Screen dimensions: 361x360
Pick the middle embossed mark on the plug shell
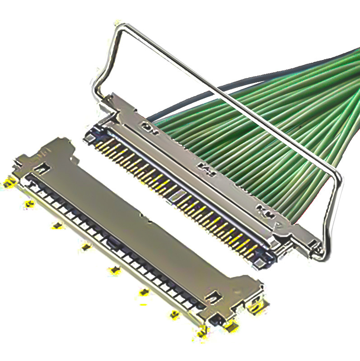pyautogui.click(x=206, y=169)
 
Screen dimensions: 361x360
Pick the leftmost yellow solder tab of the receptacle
pyautogui.click(x=8, y=183)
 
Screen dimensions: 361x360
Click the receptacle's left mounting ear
pyautogui.click(x=20, y=162)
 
